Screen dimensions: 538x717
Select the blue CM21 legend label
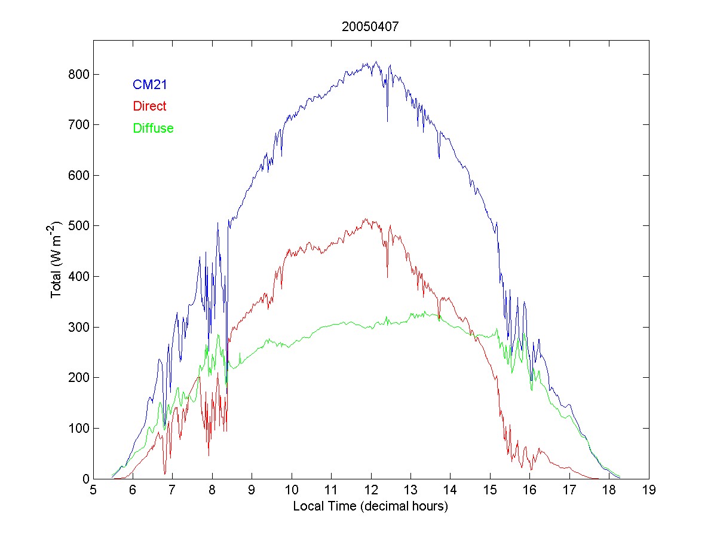150,85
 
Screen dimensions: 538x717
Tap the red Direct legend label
150,106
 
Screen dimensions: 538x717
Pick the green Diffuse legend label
154,128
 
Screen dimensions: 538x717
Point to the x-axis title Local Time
370,506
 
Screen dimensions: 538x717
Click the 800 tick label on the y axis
78,75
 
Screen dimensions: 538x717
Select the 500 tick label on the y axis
78,226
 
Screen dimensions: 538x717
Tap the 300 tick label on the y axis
78,327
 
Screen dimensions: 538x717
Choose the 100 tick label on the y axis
78,428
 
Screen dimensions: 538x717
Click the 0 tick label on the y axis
84,479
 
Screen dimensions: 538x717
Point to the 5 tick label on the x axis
93,491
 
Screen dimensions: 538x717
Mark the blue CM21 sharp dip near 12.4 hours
387,121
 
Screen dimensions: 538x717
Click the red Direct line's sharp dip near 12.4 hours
387,277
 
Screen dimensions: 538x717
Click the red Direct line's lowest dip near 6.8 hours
165,473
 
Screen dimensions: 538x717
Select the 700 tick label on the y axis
78,125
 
